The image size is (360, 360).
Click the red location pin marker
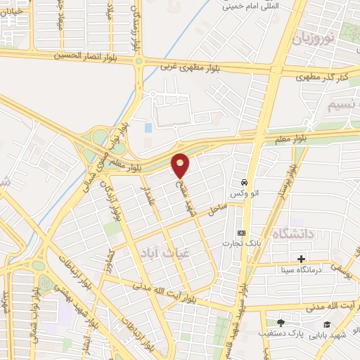(181, 165)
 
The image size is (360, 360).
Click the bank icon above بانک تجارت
(241, 233)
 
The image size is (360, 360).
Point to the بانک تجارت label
(241, 244)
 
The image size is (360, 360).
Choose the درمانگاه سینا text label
(302, 270)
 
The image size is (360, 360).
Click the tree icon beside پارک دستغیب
(281, 323)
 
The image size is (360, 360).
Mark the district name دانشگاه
(292, 233)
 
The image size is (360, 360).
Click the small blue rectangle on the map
(148, 128)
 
